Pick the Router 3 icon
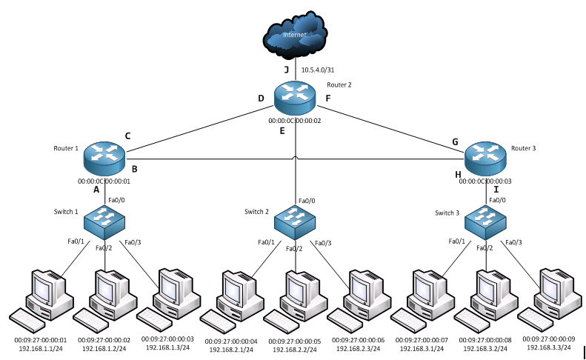[x=485, y=156]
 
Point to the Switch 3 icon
[x=486, y=218]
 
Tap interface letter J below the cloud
[x=286, y=70]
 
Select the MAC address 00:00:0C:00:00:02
[x=295, y=120]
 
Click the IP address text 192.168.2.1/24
[x=232, y=349]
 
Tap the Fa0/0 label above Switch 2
[x=307, y=201]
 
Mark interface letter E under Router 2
[x=282, y=131]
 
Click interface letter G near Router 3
[x=456, y=141]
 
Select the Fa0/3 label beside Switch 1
[x=133, y=243]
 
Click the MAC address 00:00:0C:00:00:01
[x=104, y=180]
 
